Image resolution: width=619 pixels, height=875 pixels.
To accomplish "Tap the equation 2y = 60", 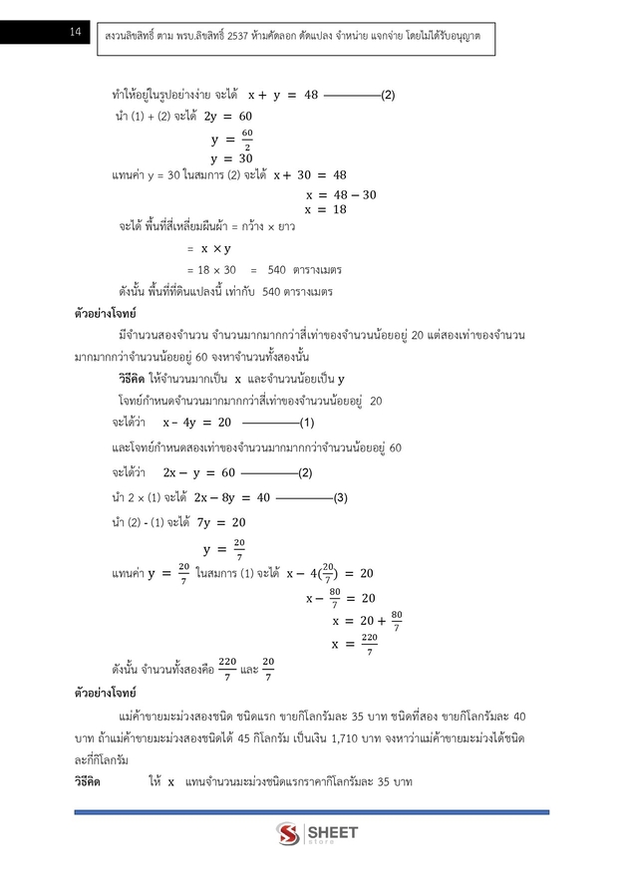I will point(227,117).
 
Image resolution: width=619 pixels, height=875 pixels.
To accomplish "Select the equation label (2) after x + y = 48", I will point(389,96).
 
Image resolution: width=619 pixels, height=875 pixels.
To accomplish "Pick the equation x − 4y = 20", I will point(196,422).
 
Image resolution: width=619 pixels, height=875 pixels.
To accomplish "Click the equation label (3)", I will point(340,497).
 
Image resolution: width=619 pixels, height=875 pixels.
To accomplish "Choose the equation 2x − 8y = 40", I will point(232,497).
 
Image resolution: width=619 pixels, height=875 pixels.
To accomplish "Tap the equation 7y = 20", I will point(224,521).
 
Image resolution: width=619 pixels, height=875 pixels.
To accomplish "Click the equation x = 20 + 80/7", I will point(367,622).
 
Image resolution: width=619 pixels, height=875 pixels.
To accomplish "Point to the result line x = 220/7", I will point(355,646).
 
